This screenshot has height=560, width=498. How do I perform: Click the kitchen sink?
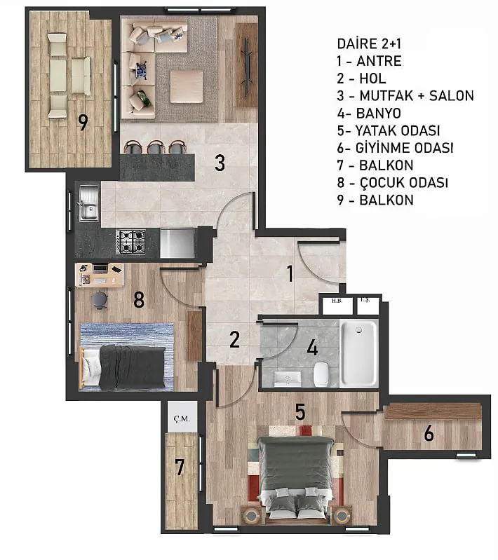88,202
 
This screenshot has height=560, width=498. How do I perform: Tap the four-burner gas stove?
131,242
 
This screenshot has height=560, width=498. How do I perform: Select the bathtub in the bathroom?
359,353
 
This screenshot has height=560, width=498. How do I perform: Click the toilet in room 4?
321,374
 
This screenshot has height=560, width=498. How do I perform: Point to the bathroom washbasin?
288,379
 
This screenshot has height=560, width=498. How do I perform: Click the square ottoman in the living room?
187,87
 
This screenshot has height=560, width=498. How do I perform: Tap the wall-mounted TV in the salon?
247,67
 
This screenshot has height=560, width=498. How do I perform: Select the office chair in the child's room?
100,299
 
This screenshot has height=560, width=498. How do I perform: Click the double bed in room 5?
295,477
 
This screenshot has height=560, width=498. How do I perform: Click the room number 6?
429,434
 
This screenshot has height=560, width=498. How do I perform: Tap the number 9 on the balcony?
83,122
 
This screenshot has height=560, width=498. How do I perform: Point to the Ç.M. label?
182,418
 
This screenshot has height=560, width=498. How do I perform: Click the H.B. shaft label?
337,301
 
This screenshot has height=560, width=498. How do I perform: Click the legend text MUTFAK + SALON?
417,96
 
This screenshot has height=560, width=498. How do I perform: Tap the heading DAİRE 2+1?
369,44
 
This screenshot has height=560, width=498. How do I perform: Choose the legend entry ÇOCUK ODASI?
403,182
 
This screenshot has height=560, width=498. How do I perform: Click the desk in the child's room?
100,275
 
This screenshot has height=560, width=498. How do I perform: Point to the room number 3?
220,163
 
